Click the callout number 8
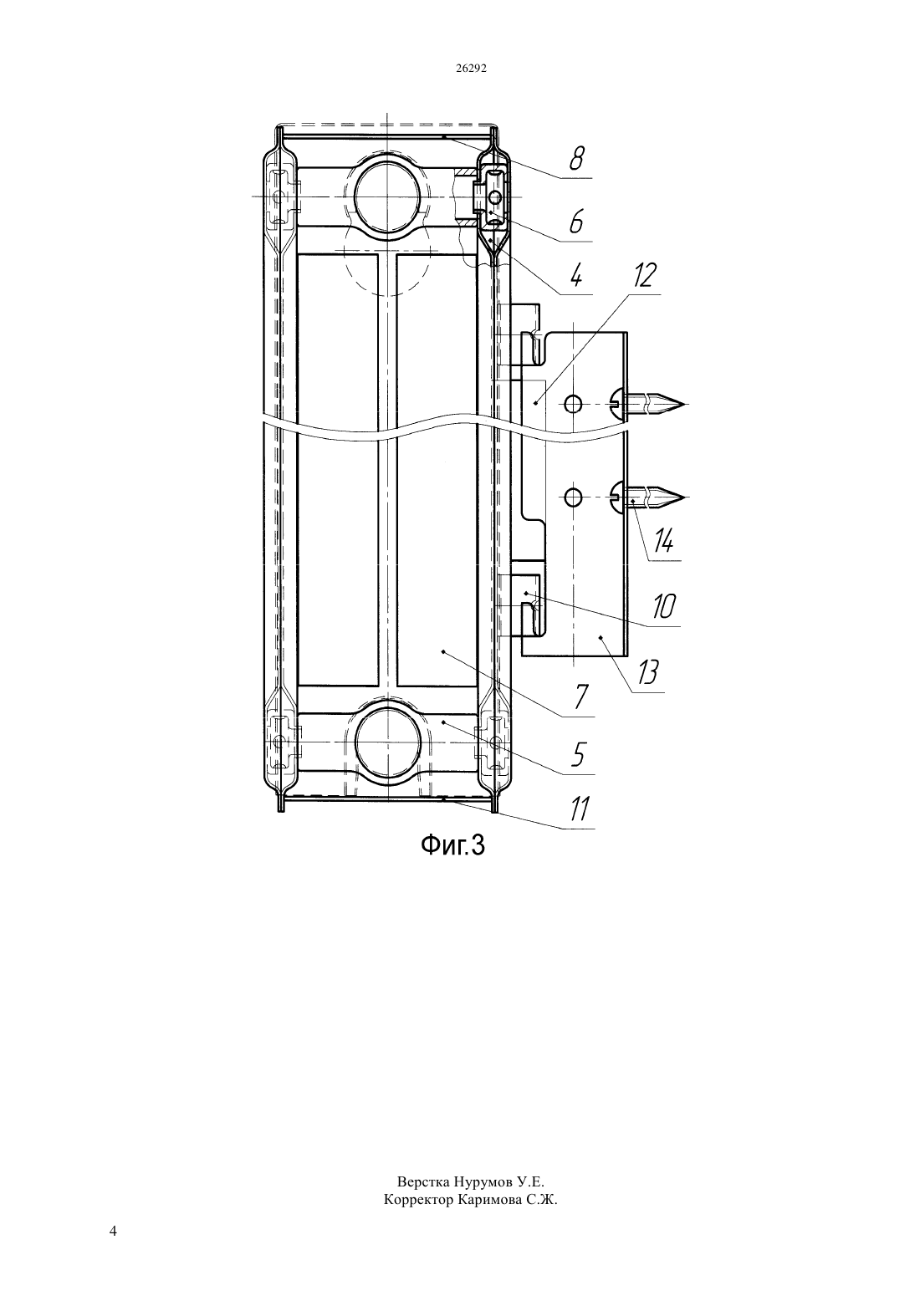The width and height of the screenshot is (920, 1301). point(575,158)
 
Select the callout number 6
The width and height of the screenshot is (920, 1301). point(575,222)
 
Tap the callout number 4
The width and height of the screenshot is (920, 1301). point(575,275)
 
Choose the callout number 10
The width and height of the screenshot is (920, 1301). point(662,606)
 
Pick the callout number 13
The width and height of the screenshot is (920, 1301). point(647,673)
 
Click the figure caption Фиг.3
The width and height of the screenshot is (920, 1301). point(452,845)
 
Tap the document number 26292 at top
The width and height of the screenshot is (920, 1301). point(470,68)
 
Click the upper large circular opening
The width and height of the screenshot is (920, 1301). point(387,197)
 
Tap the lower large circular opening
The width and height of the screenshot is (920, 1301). point(387,742)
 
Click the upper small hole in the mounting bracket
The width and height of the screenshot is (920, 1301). point(573,404)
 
